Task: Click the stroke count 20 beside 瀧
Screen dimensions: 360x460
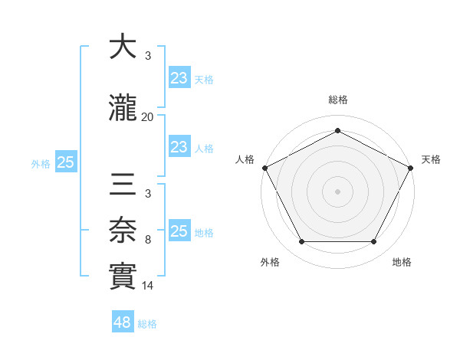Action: [x=147, y=117]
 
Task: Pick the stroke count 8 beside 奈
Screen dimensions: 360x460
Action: [x=147, y=241]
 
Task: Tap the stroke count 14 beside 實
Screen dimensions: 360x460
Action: [x=147, y=286]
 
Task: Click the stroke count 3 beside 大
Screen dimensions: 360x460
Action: [x=147, y=55]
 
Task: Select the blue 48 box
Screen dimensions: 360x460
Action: [x=123, y=322]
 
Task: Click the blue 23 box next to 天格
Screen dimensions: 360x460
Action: [x=179, y=77]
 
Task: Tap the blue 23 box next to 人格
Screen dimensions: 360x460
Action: [x=179, y=147]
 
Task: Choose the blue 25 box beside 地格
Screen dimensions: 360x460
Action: [x=179, y=231]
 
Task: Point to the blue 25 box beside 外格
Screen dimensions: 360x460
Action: [x=66, y=162]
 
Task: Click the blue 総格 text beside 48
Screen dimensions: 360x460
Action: [x=148, y=324]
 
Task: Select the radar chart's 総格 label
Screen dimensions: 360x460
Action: [x=337, y=100]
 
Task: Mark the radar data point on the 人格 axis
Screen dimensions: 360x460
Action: [x=264, y=167]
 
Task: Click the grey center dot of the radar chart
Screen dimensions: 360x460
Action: [x=337, y=191]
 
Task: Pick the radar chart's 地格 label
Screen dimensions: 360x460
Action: [x=402, y=262]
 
